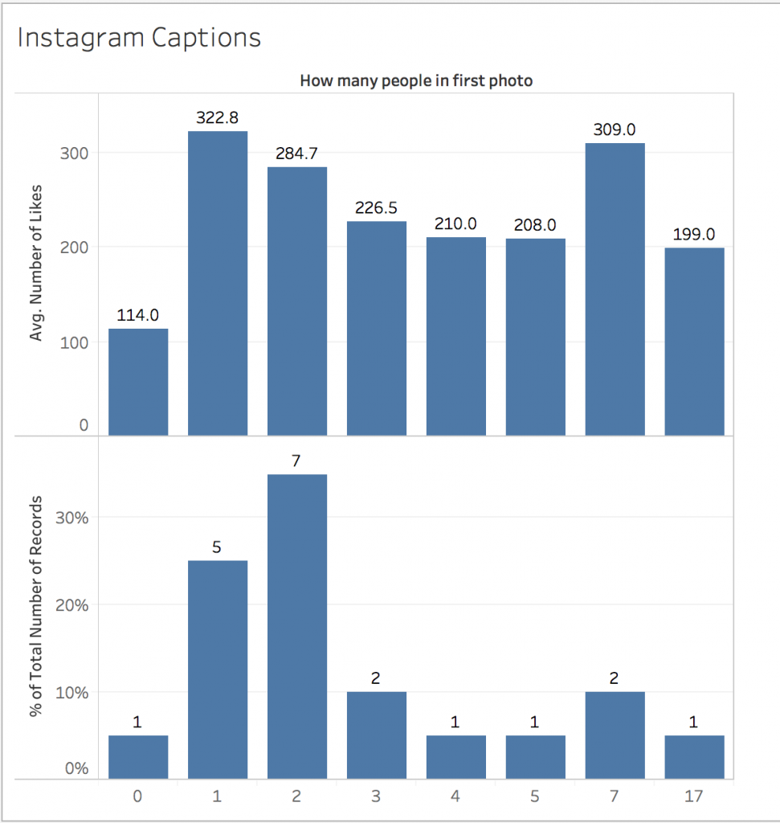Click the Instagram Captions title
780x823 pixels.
pos(139,38)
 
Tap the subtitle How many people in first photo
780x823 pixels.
pos(416,81)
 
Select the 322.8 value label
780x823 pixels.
pos(218,117)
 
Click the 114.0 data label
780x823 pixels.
pos(138,315)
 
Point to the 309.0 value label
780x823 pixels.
pos(615,129)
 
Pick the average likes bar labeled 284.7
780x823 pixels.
pos(297,301)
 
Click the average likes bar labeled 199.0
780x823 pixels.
pos(694,341)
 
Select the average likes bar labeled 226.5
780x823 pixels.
pos(377,328)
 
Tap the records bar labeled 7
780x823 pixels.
pos(297,626)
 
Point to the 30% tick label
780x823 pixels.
pos(72,517)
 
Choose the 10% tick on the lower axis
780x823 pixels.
pos(72,692)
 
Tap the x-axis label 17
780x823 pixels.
pos(694,797)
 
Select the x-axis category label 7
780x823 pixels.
pos(615,797)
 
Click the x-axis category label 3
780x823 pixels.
pos(377,797)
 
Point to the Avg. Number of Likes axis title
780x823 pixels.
pos(36,263)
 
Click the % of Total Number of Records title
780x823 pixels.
pos(36,608)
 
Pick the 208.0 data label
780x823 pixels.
pos(535,225)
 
